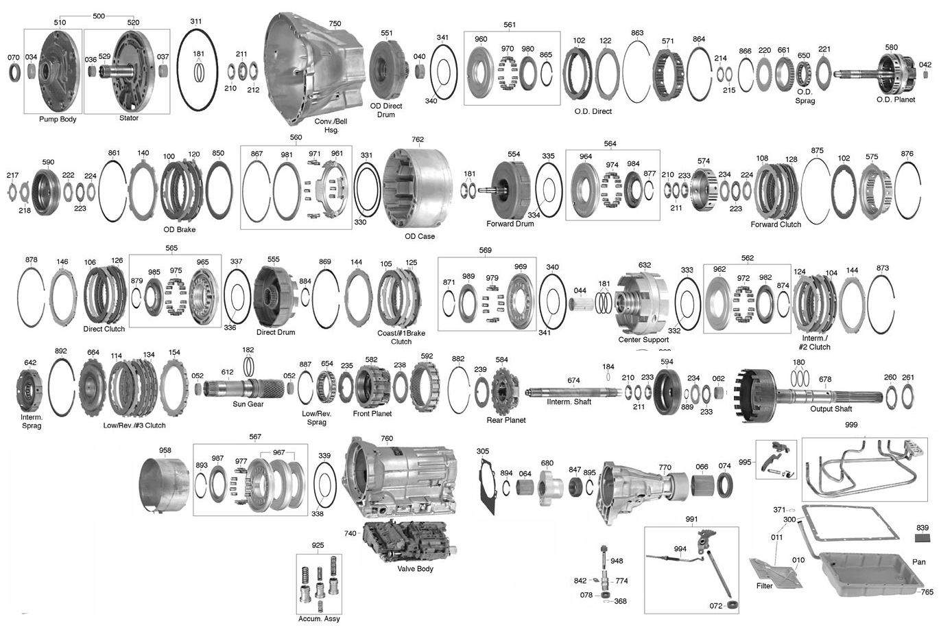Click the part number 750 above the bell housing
click(335, 23)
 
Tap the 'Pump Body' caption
click(58, 119)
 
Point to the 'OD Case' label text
click(420, 236)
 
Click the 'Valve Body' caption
click(415, 569)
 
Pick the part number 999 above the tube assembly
click(851, 425)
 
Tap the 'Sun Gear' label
click(248, 404)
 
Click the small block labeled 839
click(922, 539)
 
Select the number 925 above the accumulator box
click(318, 545)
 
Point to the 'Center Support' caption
click(643, 340)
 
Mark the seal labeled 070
click(14, 73)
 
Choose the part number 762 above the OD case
click(418, 139)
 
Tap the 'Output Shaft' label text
click(831, 409)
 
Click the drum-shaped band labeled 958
click(164, 485)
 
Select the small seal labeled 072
click(732, 605)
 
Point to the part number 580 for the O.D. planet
click(892, 47)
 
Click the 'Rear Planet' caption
click(505, 420)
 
